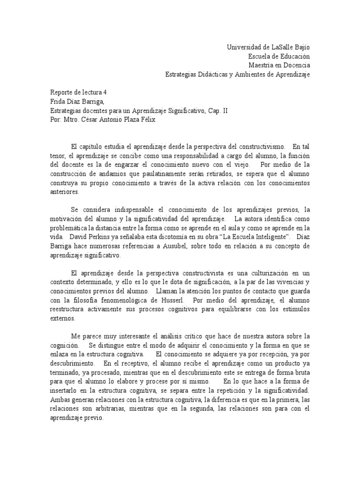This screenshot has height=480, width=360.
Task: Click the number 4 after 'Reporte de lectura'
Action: pyautogui.click(x=111, y=92)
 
